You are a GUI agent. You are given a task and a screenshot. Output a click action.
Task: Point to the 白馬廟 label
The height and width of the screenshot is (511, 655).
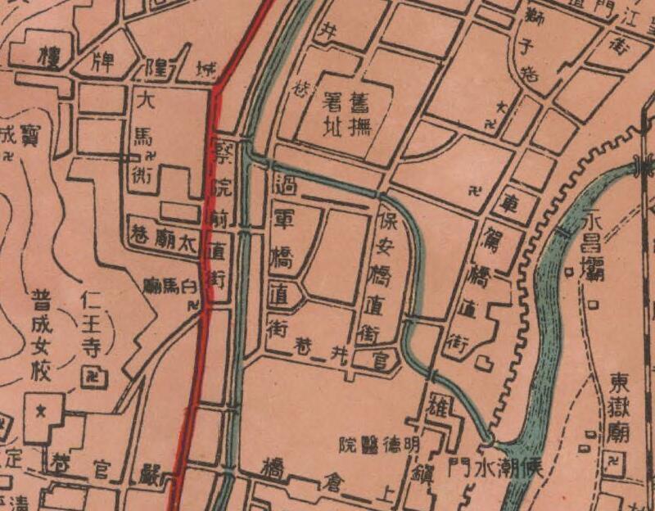[173, 286]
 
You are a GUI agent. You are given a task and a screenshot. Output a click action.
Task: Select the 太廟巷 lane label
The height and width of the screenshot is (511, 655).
[165, 237]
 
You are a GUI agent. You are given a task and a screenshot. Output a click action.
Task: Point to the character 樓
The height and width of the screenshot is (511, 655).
[46, 58]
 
